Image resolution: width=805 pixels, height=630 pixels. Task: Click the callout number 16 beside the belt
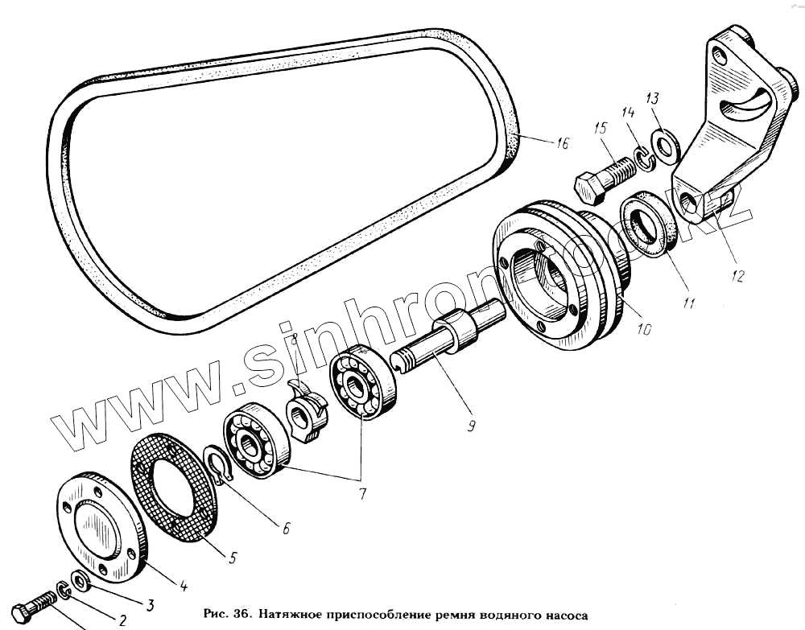[561, 143]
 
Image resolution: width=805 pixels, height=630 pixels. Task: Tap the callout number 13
[652, 99]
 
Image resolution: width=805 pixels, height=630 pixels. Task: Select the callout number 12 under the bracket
[737, 275]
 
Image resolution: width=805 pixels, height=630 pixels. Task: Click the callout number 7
[361, 494]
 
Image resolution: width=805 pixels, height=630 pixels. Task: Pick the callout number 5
[232, 556]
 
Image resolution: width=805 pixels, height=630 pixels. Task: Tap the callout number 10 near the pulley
[645, 328]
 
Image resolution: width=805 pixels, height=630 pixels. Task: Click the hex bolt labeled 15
[603, 179]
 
